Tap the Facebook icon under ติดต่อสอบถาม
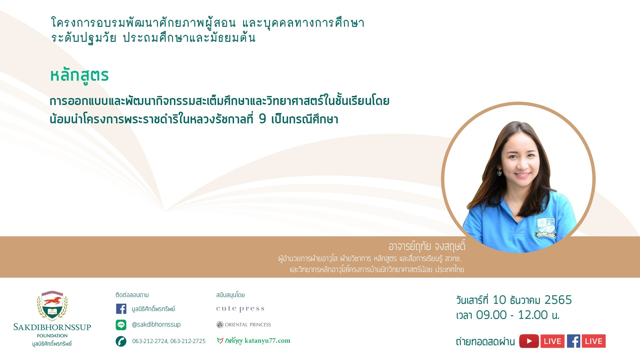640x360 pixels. pyautogui.click(x=121, y=309)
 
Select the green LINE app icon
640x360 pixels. pyautogui.click(x=121, y=325)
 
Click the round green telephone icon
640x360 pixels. pyautogui.click(x=121, y=341)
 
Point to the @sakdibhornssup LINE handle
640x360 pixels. pyautogui.click(x=156, y=324)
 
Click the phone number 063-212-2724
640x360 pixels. pyautogui.click(x=150, y=341)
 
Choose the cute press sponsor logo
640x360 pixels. pyautogui.click(x=240, y=309)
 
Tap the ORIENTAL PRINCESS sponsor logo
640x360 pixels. pyautogui.click(x=244, y=325)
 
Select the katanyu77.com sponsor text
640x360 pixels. pyautogui.click(x=267, y=340)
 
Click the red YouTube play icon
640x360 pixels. pyautogui.click(x=529, y=341)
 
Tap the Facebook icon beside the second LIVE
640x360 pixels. pyautogui.click(x=573, y=341)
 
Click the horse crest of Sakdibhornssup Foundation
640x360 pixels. pyautogui.click(x=52, y=305)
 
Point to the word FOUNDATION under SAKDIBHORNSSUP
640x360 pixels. pyautogui.click(x=52, y=336)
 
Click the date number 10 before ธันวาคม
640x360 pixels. pyautogui.click(x=499, y=300)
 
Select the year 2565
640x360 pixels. pyautogui.click(x=558, y=300)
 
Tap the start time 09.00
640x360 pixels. pyautogui.click(x=491, y=315)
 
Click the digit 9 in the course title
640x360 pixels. pyautogui.click(x=263, y=118)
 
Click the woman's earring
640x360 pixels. pyautogui.click(x=499, y=172)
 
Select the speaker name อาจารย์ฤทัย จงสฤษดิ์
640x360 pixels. pyautogui.click(x=427, y=246)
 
